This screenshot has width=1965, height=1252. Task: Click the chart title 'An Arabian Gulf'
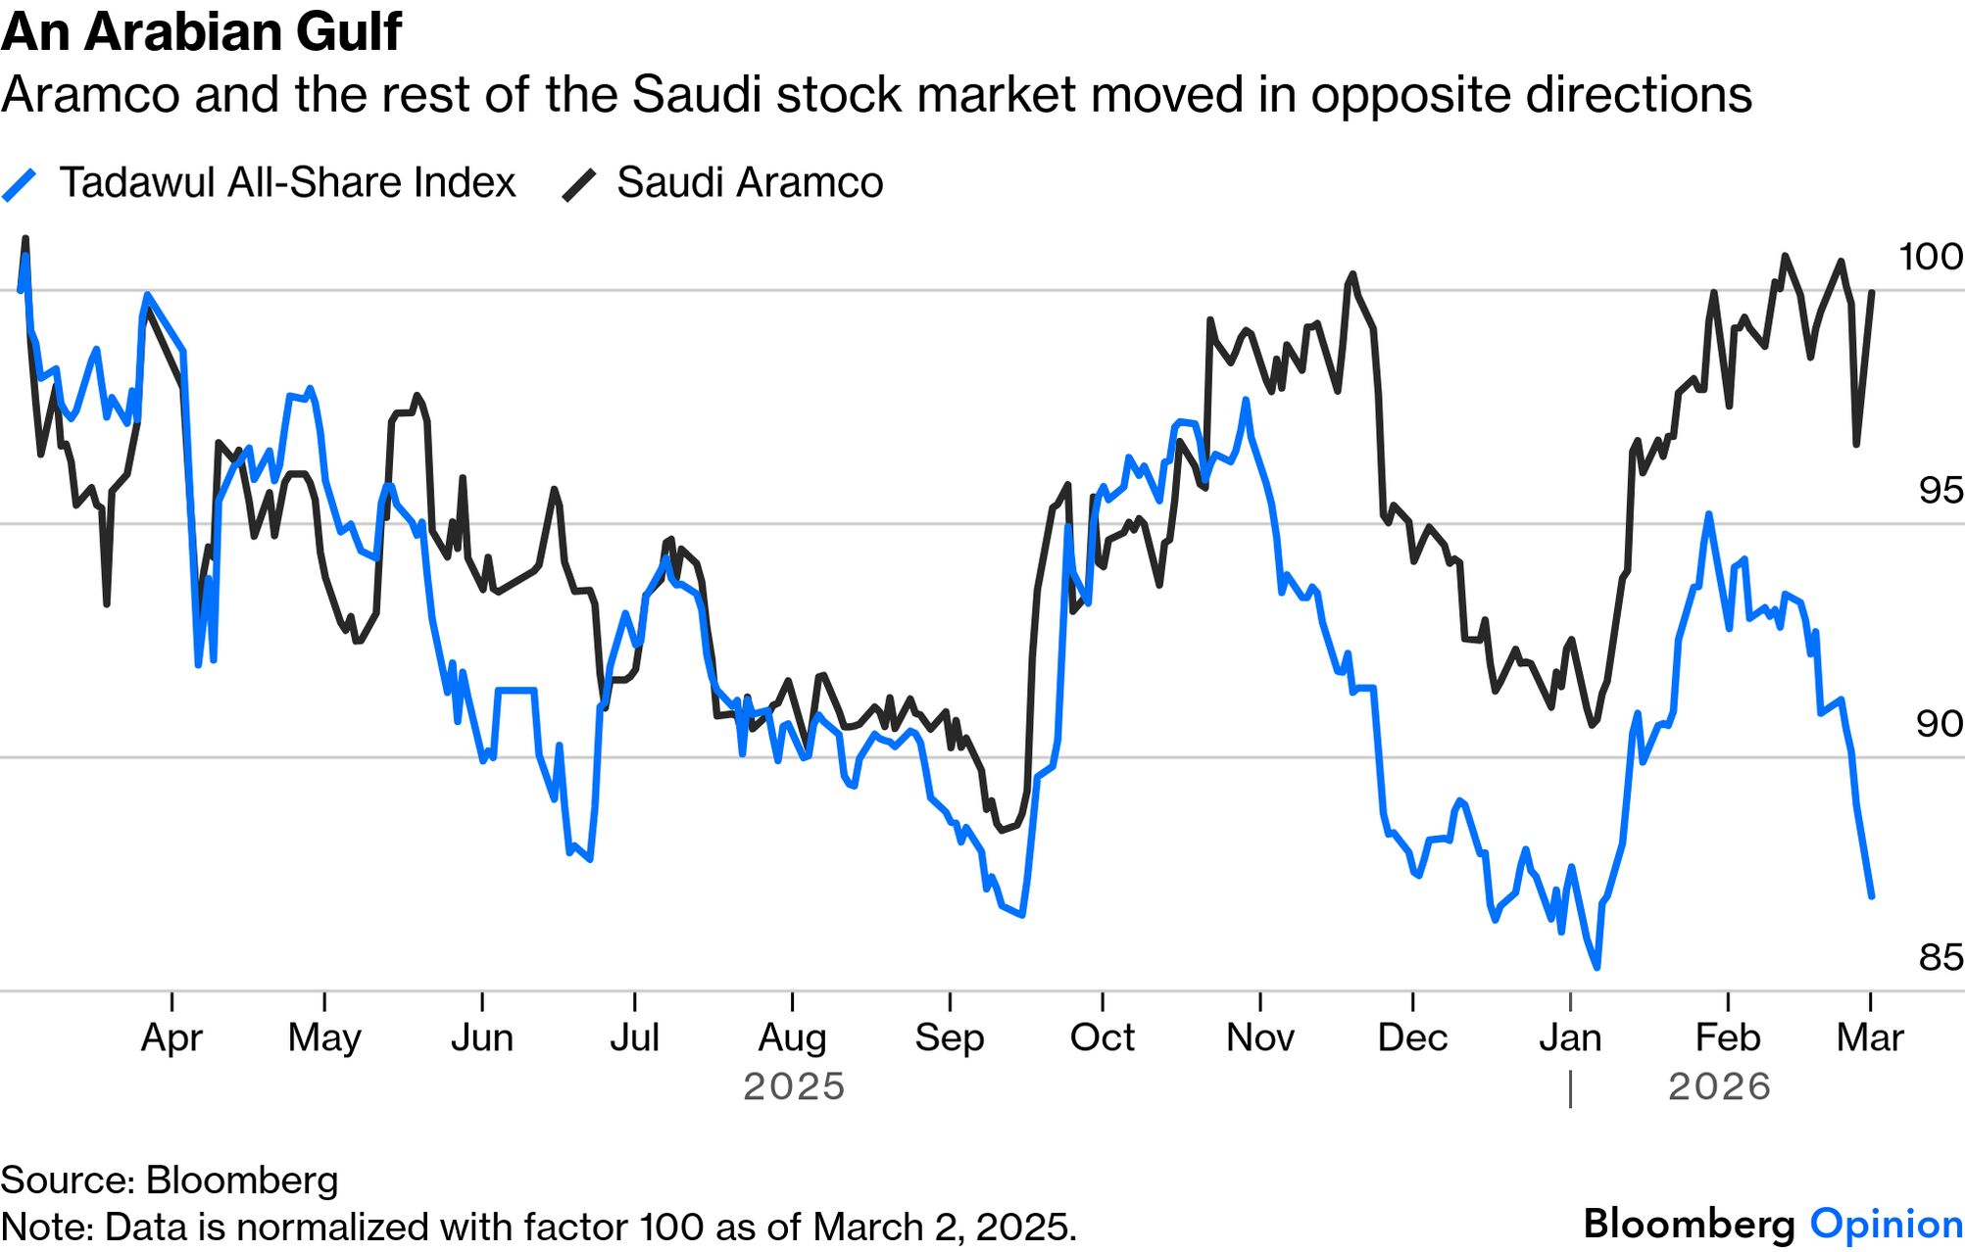(201, 31)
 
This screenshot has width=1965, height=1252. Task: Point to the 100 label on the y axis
(1930, 257)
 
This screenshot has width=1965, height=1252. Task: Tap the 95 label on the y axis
(1940, 490)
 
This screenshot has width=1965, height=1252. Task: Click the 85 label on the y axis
(1940, 957)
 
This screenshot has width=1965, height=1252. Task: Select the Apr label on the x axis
(172, 1037)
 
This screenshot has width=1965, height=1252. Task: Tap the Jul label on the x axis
(634, 1037)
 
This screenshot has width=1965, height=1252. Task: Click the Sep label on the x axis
(949, 1037)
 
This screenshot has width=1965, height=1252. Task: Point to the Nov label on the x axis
(1259, 1037)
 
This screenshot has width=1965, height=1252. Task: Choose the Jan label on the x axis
(1570, 1037)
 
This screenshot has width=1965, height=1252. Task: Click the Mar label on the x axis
(1869, 1037)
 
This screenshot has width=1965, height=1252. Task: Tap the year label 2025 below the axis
(794, 1086)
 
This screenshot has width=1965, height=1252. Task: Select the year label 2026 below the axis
(1719, 1086)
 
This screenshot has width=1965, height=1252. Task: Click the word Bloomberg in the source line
(241, 1180)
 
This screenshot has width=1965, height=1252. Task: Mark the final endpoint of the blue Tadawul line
(1871, 895)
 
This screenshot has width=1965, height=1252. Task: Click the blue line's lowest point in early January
(1597, 967)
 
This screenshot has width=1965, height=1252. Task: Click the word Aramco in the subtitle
(90, 95)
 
